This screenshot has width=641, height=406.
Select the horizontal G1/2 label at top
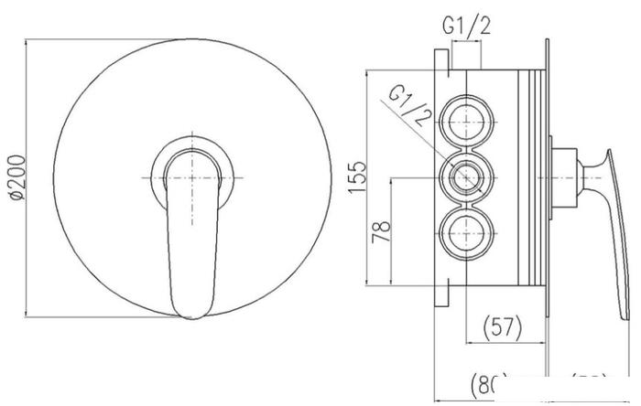[x=467, y=25]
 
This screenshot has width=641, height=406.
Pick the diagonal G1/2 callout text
[x=409, y=104]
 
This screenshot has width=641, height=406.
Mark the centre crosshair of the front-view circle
[x=191, y=176]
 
